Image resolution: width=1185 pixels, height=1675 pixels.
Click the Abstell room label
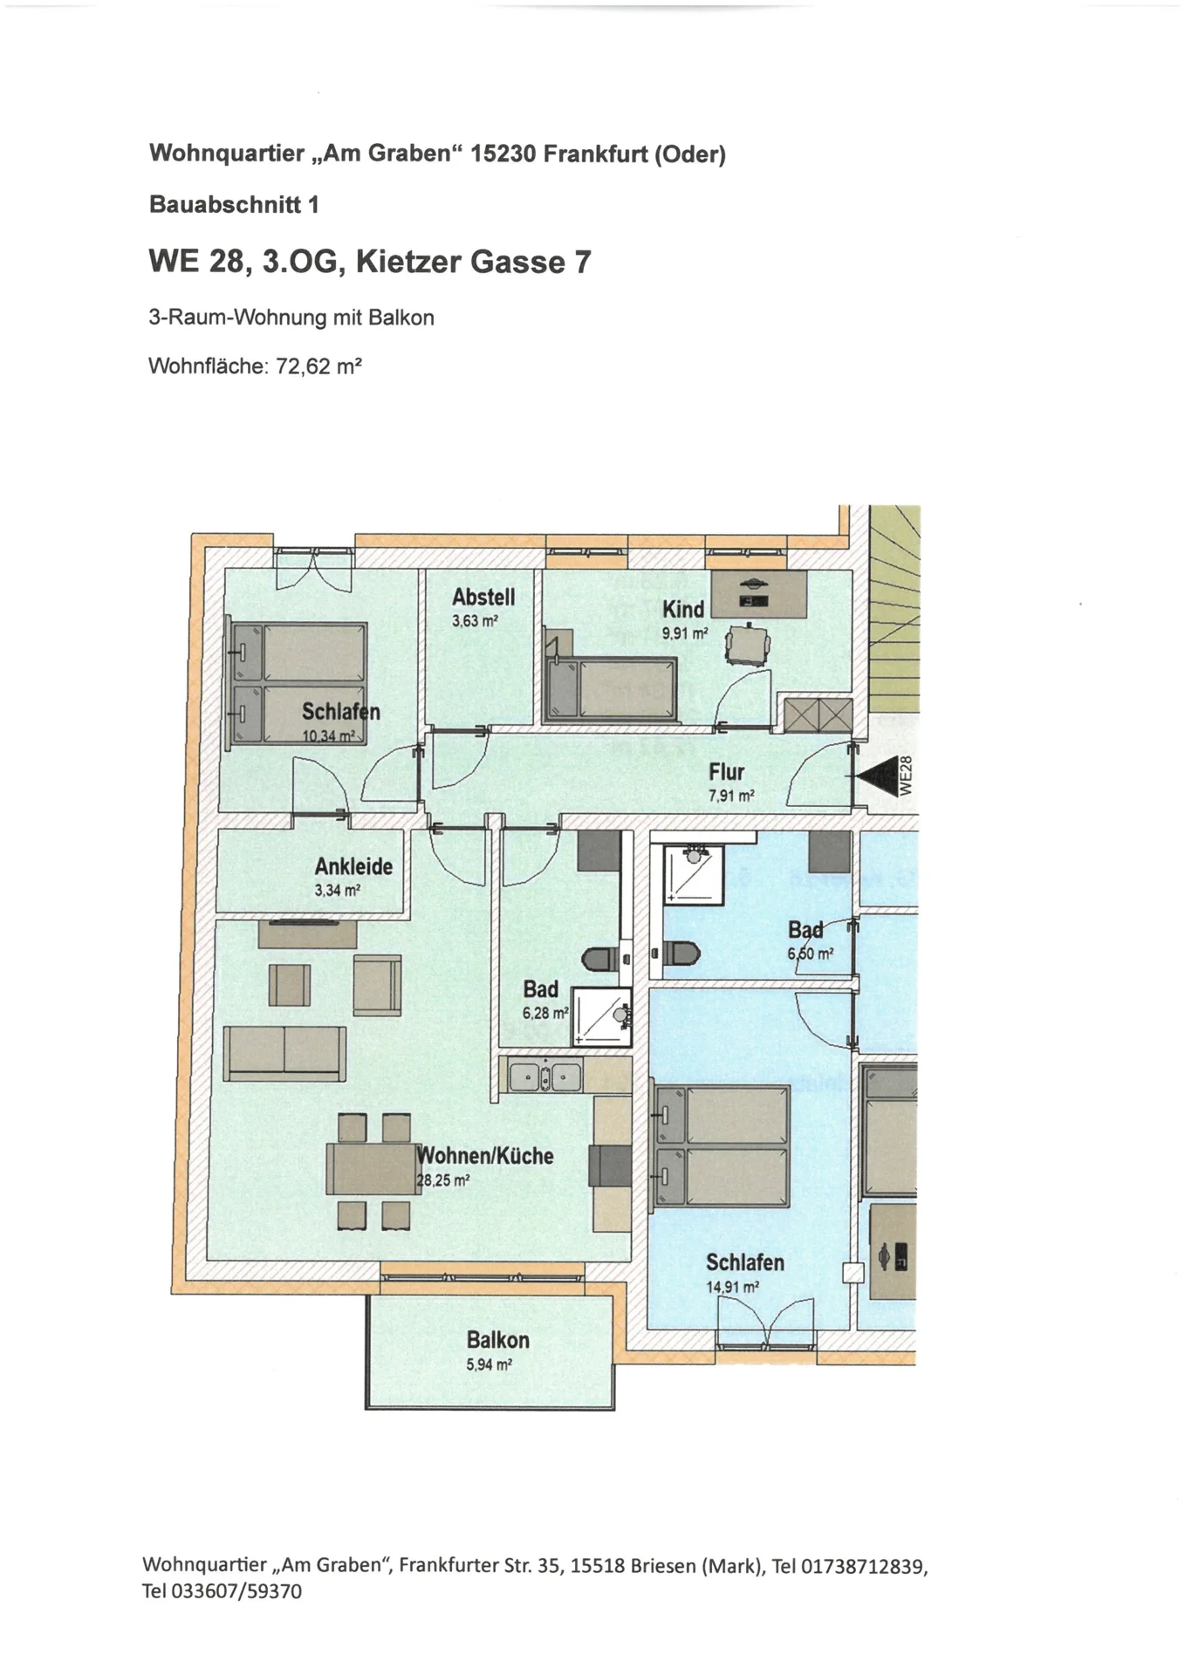(483, 598)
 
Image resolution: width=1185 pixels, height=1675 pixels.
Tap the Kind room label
(683, 610)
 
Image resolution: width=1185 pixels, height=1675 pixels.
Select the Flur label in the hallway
(727, 772)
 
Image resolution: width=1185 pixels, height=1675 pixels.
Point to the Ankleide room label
(353, 867)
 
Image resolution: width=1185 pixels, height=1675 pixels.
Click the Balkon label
(497, 1340)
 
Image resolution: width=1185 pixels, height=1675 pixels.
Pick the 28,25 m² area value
(443, 1180)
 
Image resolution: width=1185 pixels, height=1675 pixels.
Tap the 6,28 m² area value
(545, 1013)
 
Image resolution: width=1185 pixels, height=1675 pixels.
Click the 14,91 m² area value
(732, 1287)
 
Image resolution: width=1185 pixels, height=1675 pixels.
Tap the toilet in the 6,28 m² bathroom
(602, 960)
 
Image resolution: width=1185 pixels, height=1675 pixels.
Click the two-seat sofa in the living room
(284, 1053)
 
